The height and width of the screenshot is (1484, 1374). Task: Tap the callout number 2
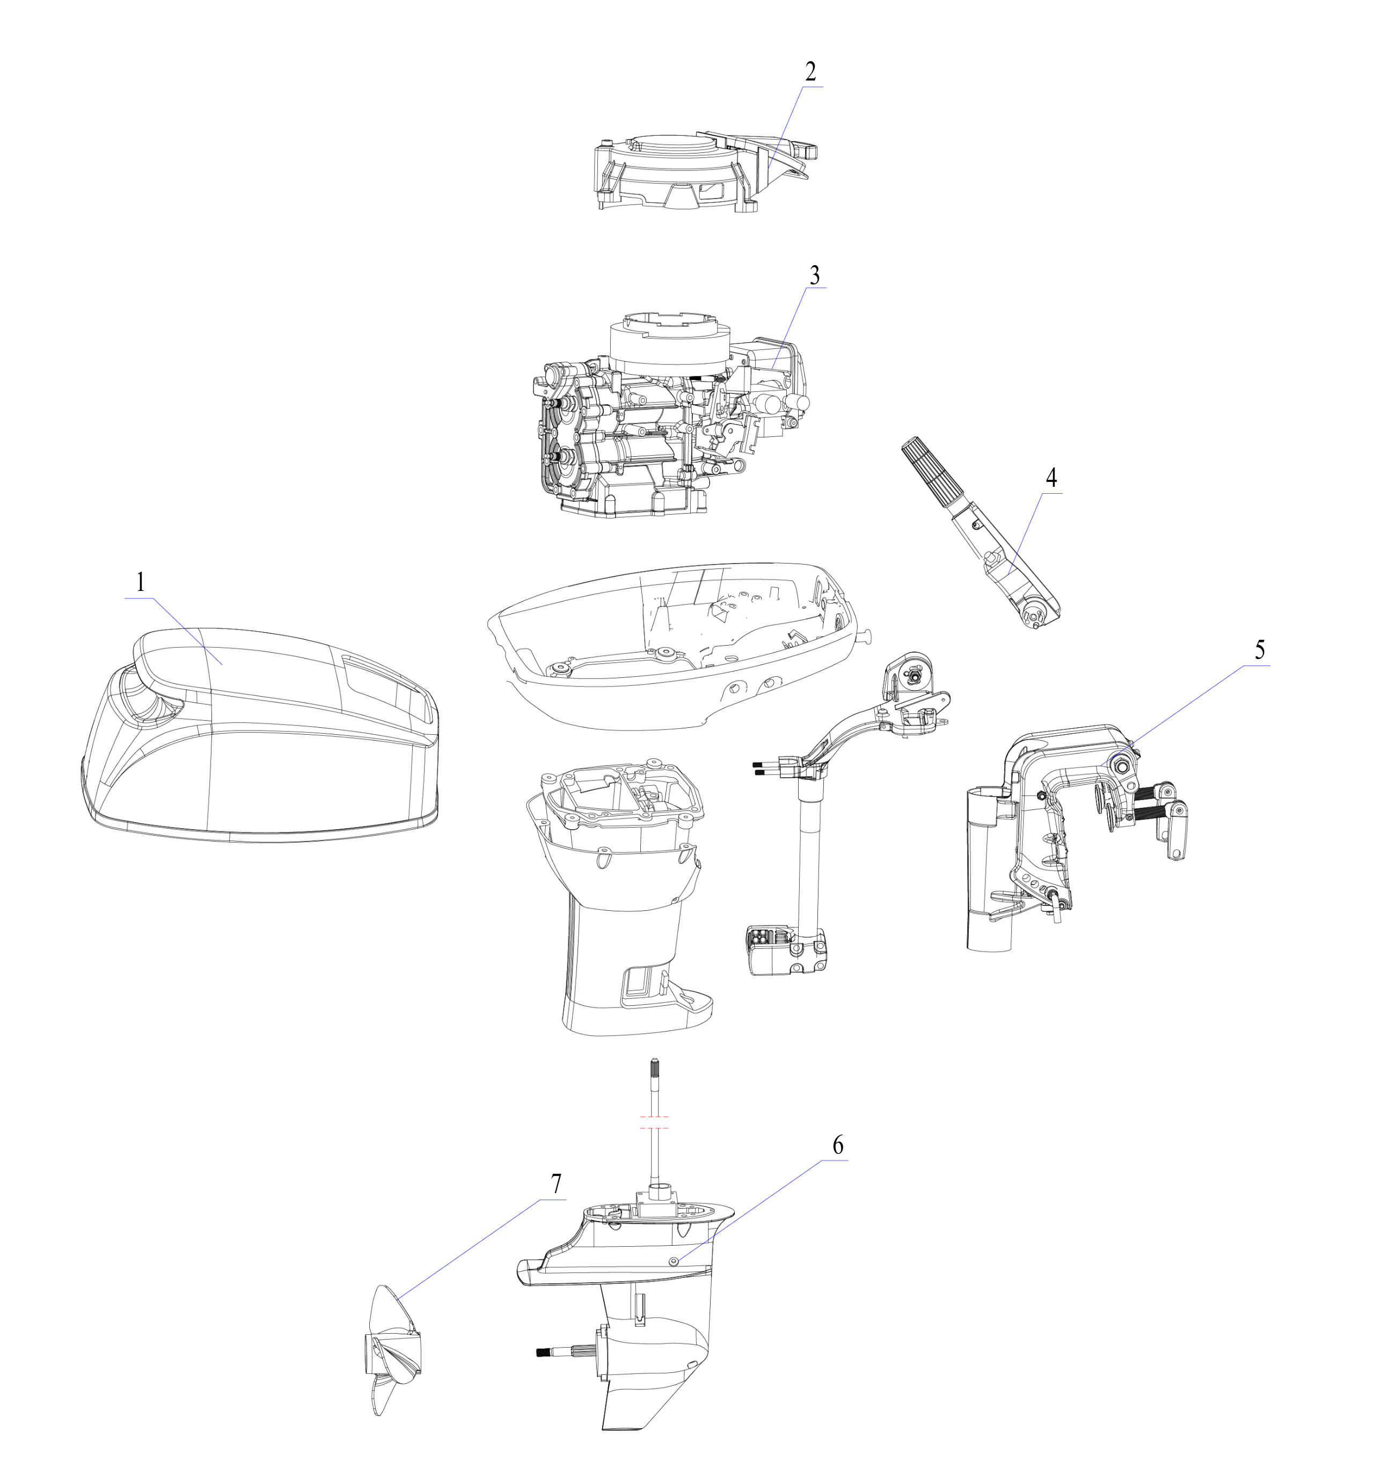point(810,71)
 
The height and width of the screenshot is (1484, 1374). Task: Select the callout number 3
point(815,275)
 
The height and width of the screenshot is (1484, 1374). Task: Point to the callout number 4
point(1051,477)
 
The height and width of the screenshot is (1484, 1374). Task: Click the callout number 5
point(1260,650)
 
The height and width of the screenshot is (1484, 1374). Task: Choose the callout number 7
point(556,1183)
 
